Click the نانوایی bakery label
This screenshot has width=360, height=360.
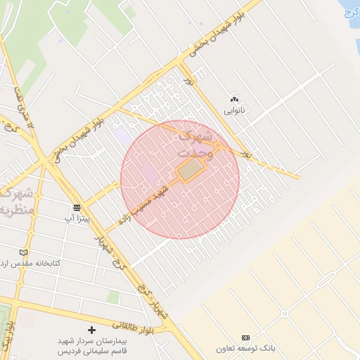click(234, 110)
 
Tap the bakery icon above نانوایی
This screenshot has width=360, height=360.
click(234, 99)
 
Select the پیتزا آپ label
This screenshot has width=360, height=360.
click(77, 219)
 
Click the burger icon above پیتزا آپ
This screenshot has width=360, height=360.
click(77, 207)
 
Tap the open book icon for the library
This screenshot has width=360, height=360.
click(25, 252)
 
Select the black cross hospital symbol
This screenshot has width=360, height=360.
click(91, 330)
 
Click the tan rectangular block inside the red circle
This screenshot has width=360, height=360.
click(190, 169)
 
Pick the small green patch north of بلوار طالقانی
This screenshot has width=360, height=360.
click(113, 297)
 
